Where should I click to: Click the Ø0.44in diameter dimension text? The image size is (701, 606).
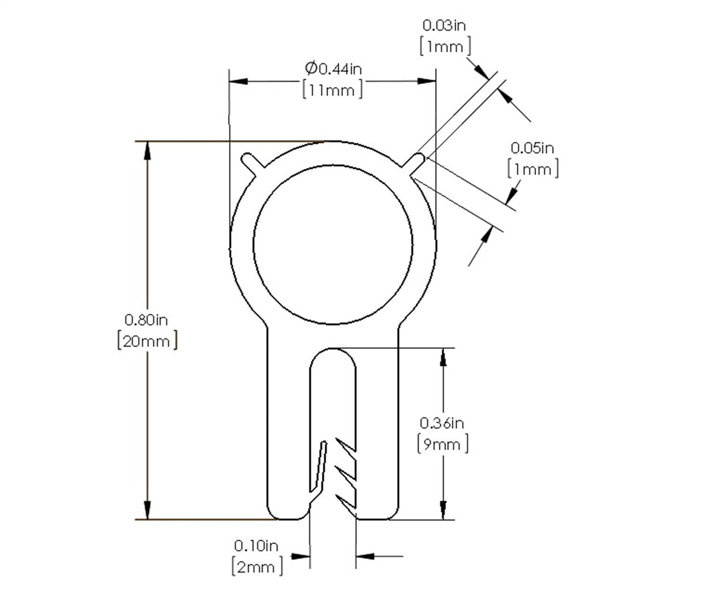(334, 69)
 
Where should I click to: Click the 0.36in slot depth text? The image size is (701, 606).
(442, 423)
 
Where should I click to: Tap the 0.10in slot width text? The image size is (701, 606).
(256, 545)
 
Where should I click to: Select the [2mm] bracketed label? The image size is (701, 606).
(258, 566)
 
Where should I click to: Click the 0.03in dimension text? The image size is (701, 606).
(445, 25)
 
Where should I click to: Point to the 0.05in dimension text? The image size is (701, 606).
(532, 148)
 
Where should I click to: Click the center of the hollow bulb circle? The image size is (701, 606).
(333, 245)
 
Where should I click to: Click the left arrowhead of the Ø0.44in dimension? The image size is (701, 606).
(237, 81)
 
